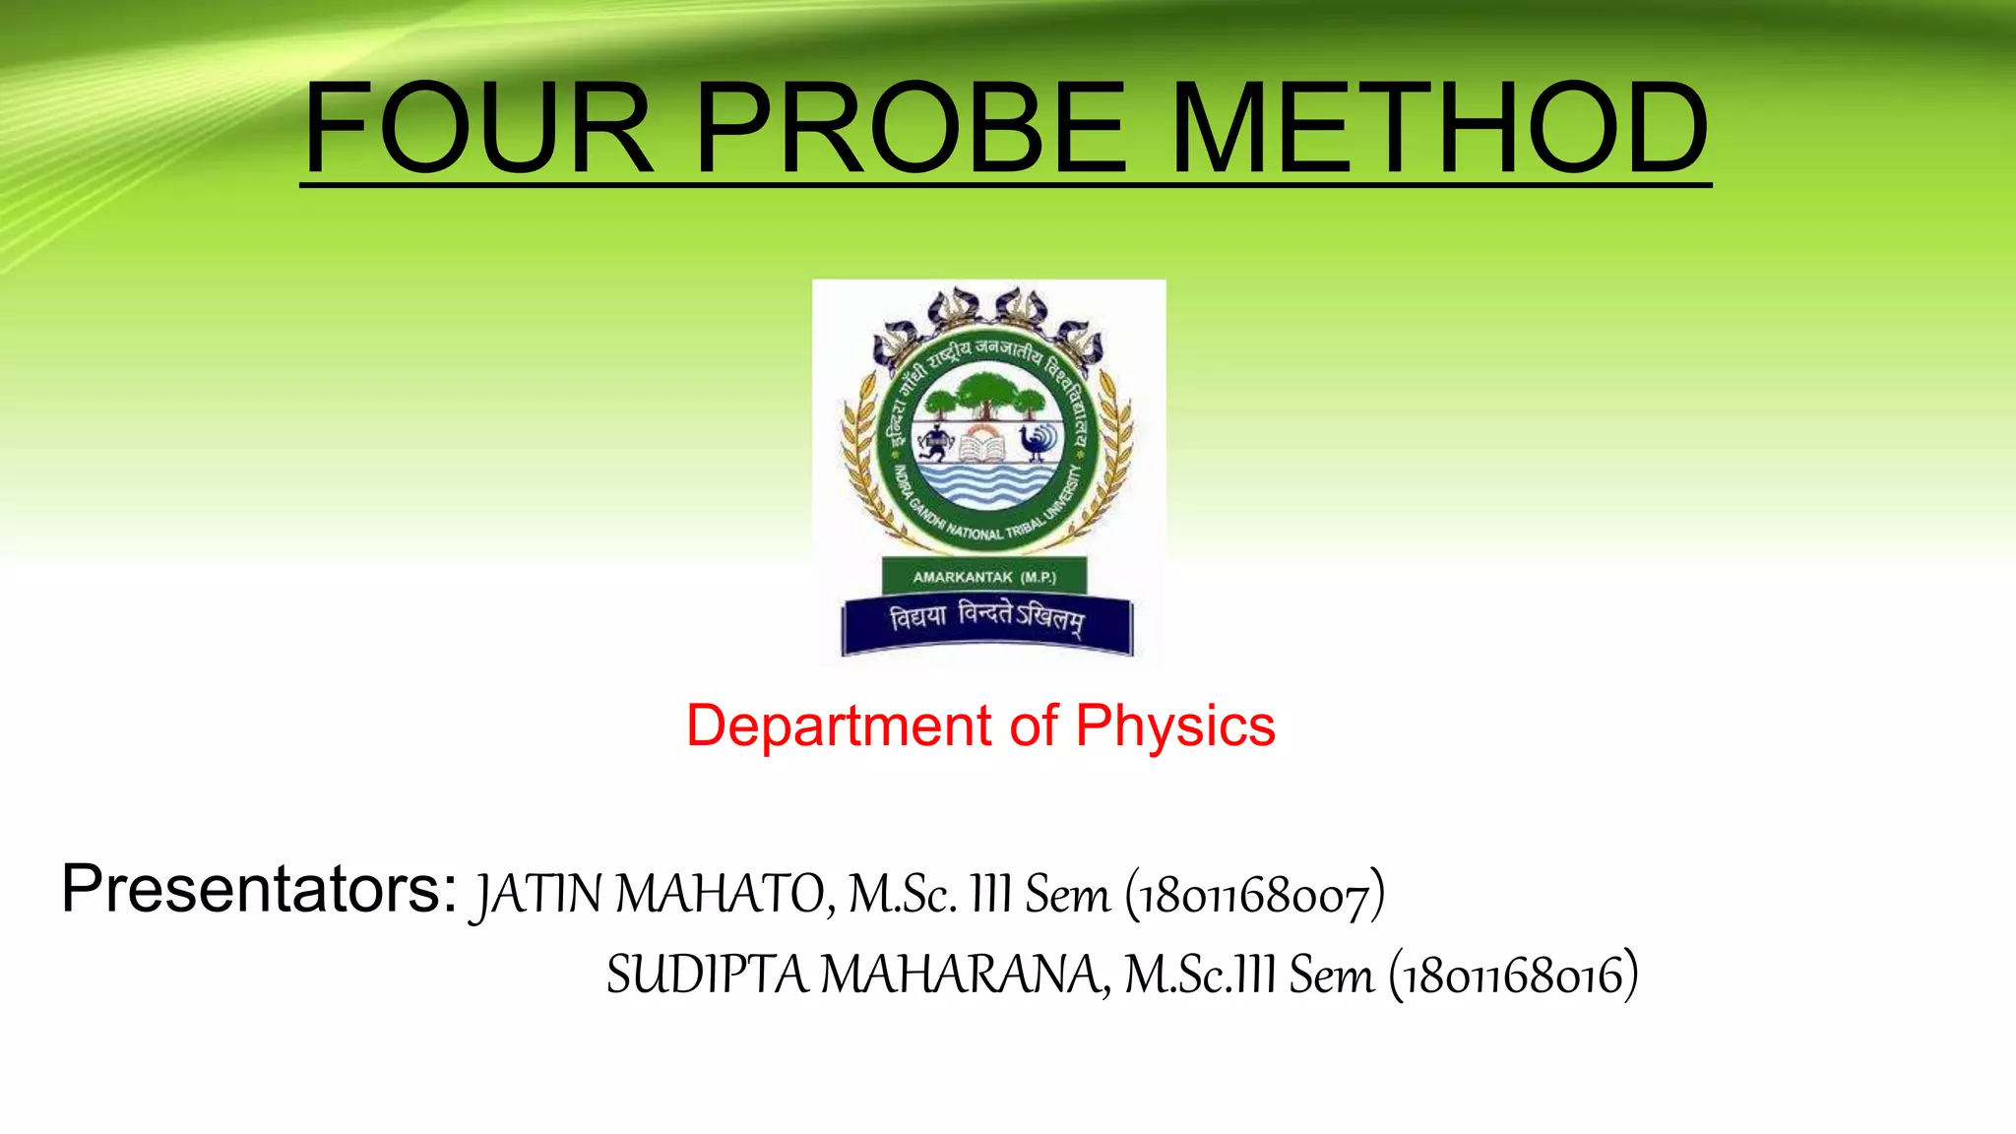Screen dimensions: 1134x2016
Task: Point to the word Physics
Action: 1175,727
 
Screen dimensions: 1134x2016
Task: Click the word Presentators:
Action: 259,889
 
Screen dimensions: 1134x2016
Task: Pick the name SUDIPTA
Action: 706,976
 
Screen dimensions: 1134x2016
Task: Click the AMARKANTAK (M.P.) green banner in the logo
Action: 984,577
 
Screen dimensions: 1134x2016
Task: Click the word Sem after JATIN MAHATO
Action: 1067,894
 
